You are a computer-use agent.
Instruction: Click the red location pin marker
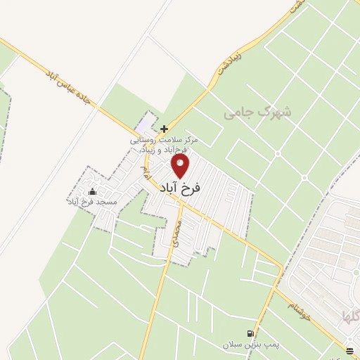pyautogui.click(x=181, y=167)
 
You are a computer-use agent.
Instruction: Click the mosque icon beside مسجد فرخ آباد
pyautogui.click(x=93, y=192)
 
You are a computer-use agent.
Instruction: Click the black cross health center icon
pyautogui.click(x=164, y=129)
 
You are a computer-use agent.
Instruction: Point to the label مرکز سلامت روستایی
pyautogui.click(x=165, y=140)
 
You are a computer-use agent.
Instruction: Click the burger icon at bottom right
pyautogui.click(x=350, y=349)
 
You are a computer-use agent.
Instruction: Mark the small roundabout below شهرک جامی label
pyautogui.click(x=277, y=153)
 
